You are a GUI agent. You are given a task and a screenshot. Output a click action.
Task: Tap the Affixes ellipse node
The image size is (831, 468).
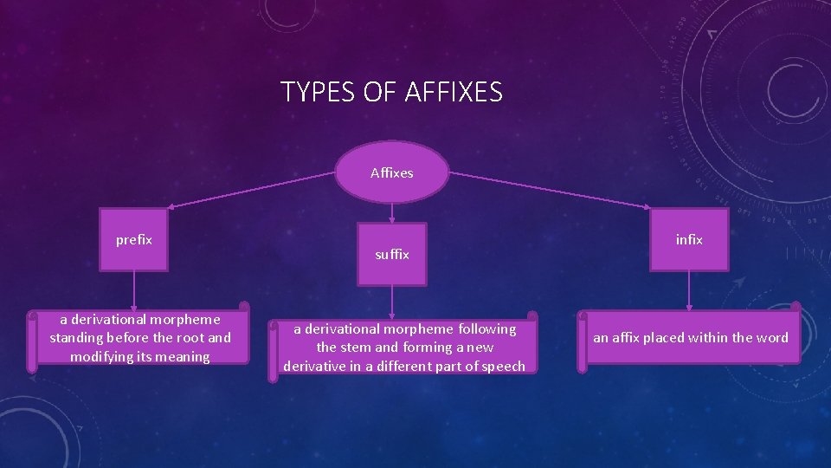pyautogui.click(x=392, y=172)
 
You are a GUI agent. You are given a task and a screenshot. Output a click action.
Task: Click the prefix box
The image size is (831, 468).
pyautogui.click(x=133, y=239)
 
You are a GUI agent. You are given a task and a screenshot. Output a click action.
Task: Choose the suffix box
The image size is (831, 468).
pyautogui.click(x=392, y=254)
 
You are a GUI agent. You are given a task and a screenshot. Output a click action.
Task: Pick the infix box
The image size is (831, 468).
pyautogui.click(x=689, y=239)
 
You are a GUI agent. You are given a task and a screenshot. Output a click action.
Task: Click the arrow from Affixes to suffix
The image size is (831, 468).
pyautogui.click(x=392, y=213)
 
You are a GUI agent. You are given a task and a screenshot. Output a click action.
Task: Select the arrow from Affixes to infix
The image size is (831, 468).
pyautogui.click(x=554, y=190)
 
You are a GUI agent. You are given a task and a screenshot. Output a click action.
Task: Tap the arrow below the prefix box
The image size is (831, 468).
pyautogui.click(x=133, y=290)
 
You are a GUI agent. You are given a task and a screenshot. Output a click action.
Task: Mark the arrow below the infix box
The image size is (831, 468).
pyautogui.click(x=689, y=290)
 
